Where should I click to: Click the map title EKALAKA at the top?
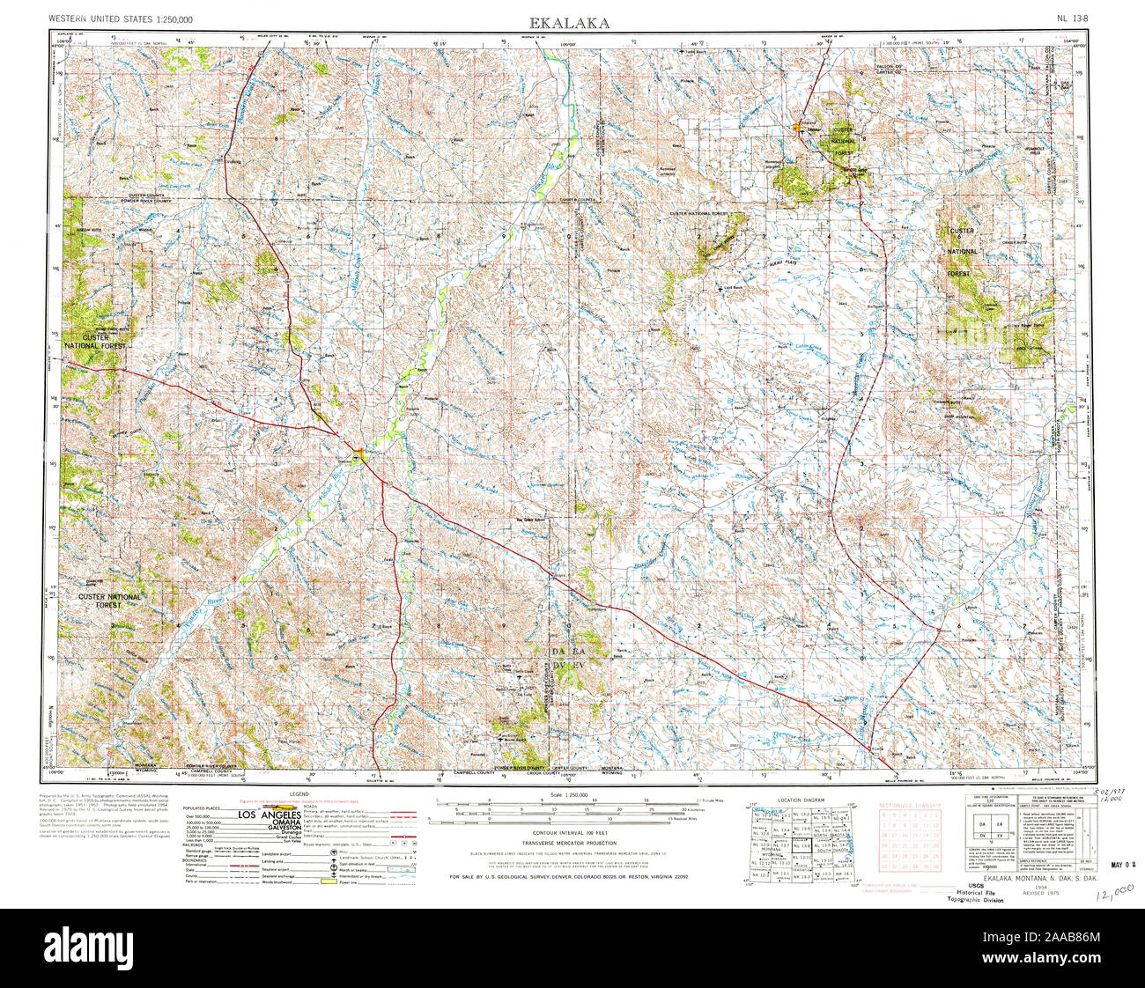569,23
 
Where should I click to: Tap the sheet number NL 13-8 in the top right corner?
1075,18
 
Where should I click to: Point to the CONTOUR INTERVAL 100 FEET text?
572,831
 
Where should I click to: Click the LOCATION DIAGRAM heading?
801,800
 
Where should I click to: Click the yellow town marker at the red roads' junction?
358,456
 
